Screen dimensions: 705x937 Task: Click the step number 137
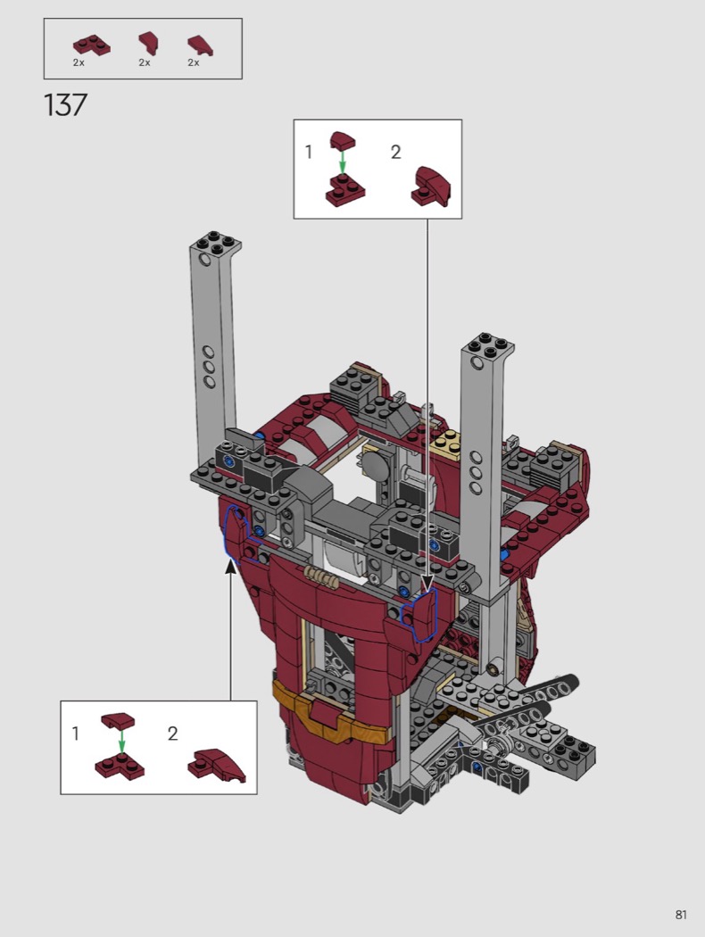[66, 105]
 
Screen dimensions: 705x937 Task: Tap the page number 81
[681, 915]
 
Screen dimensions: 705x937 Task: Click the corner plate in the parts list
[91, 46]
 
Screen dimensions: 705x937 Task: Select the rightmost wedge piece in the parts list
[200, 46]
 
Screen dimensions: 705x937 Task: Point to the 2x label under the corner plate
[79, 62]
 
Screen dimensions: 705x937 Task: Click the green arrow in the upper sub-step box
[342, 161]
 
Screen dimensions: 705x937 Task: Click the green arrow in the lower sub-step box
[121, 742]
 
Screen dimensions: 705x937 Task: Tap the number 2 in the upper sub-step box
[395, 153]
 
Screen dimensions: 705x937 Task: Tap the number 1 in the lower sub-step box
[75, 734]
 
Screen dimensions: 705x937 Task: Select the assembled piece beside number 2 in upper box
[431, 187]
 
